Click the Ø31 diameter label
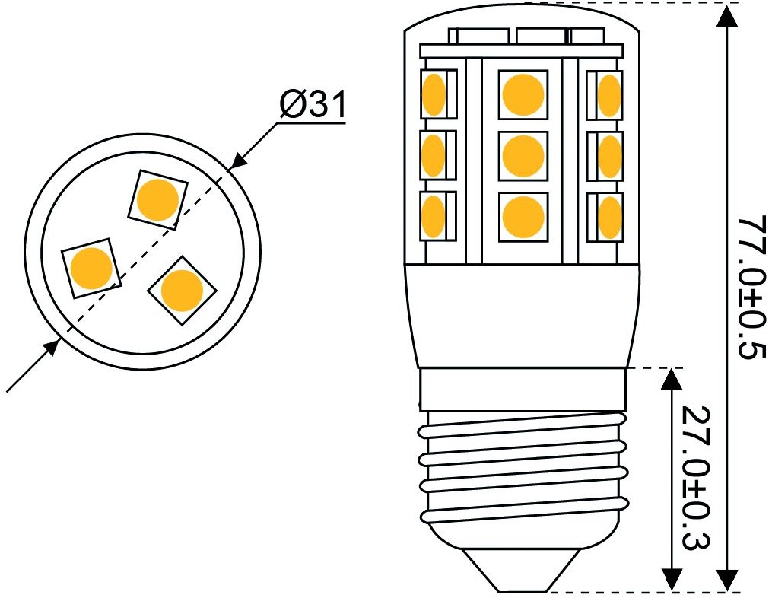(x=313, y=104)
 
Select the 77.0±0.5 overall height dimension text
(x=753, y=288)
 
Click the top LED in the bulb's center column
(x=523, y=94)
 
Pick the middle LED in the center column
(x=523, y=156)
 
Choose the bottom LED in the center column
(x=523, y=217)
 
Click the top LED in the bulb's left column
(x=438, y=94)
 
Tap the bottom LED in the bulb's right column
(x=605, y=217)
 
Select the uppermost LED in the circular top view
(x=157, y=199)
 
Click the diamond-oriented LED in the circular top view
(x=183, y=290)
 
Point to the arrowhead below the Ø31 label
(x=242, y=157)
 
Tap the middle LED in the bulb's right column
(x=605, y=156)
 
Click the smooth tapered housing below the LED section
(x=523, y=315)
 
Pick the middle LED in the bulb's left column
(x=438, y=155)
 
